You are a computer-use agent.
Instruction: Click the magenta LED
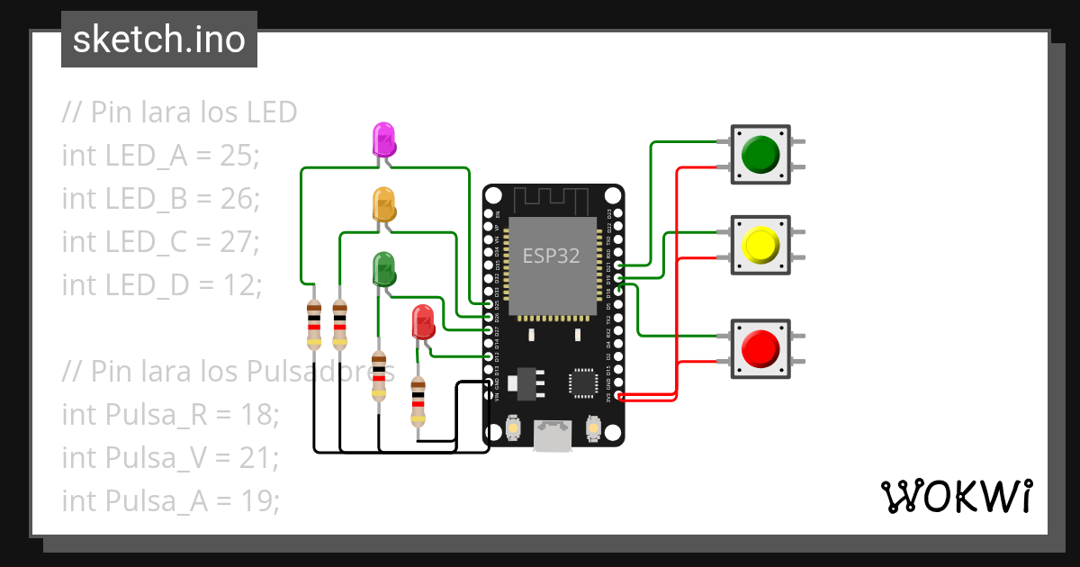(383, 139)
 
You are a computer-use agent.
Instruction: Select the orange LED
(383, 204)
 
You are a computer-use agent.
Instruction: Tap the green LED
(383, 268)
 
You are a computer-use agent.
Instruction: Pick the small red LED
(422, 321)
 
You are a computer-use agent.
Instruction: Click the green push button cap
(760, 155)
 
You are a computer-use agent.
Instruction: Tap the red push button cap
(760, 347)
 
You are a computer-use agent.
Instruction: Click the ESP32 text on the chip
(552, 256)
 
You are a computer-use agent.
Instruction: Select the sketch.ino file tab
(159, 40)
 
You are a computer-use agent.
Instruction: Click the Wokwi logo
(956, 496)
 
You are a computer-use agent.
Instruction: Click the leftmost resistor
(313, 323)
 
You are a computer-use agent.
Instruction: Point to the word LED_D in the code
(148, 284)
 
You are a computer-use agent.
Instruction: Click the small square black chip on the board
(582, 383)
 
